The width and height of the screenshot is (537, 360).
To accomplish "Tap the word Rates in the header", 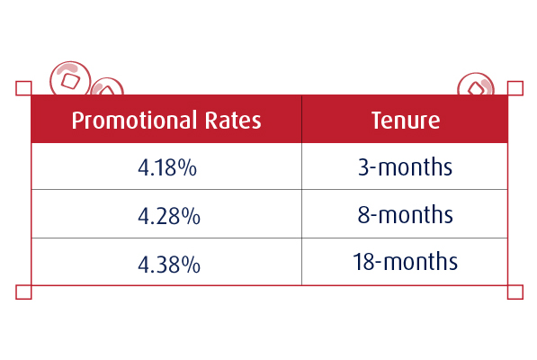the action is (x=233, y=121).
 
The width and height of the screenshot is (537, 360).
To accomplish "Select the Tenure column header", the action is (x=406, y=121).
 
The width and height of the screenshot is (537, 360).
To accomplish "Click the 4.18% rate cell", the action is (x=167, y=167).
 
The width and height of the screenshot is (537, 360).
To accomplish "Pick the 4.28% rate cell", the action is (x=169, y=216).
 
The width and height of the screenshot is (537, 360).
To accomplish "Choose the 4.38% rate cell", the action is (x=169, y=265).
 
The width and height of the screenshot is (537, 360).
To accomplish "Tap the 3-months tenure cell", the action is (x=405, y=166).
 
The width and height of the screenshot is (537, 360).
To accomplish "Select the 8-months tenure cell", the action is (x=405, y=214).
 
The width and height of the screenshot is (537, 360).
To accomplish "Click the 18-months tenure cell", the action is (x=405, y=262).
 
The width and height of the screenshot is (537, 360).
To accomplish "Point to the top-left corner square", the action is (x=23, y=88).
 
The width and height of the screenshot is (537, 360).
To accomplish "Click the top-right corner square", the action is (x=515, y=88).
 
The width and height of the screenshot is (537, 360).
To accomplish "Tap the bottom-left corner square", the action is (x=23, y=292).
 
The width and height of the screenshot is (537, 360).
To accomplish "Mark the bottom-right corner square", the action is (x=515, y=292).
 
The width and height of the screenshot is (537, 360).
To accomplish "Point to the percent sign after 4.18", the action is (x=187, y=167).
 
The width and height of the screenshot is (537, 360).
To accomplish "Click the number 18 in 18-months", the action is (x=363, y=262).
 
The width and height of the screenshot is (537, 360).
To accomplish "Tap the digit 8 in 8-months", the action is (x=363, y=214).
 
